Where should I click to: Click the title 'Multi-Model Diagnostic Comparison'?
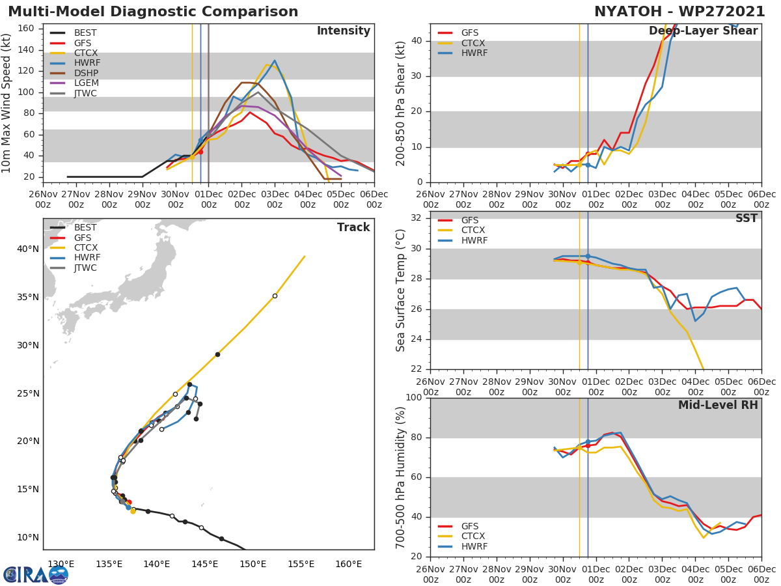point(153,12)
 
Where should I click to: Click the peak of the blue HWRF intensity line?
point(275,61)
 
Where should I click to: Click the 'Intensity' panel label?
point(343,31)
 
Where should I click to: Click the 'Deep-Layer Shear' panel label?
point(703,31)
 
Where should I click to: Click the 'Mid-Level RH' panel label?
point(718,406)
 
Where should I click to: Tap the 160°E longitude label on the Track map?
point(349,564)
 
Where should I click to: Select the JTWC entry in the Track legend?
point(85,268)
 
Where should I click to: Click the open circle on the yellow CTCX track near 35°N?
point(275,296)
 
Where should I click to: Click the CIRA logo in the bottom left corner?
point(35,574)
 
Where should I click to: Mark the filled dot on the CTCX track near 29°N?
point(217,354)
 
